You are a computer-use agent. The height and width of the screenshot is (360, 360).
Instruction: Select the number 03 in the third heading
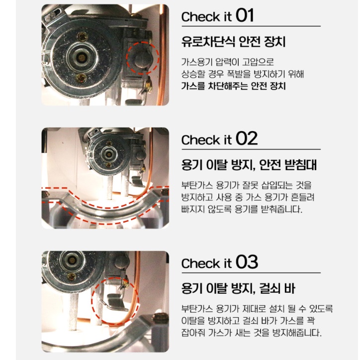tap(246, 263)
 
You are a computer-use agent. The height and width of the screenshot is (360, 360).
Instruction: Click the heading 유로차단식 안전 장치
tap(233, 42)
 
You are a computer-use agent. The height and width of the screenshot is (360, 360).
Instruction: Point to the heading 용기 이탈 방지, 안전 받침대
tap(249, 165)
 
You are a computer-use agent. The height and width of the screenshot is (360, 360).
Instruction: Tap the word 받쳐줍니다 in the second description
tap(276, 209)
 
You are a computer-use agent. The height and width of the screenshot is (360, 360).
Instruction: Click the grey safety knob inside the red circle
tap(140, 59)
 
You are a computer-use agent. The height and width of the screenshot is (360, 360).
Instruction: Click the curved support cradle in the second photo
tap(104, 204)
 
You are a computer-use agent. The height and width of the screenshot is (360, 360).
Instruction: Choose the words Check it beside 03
tap(206, 264)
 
